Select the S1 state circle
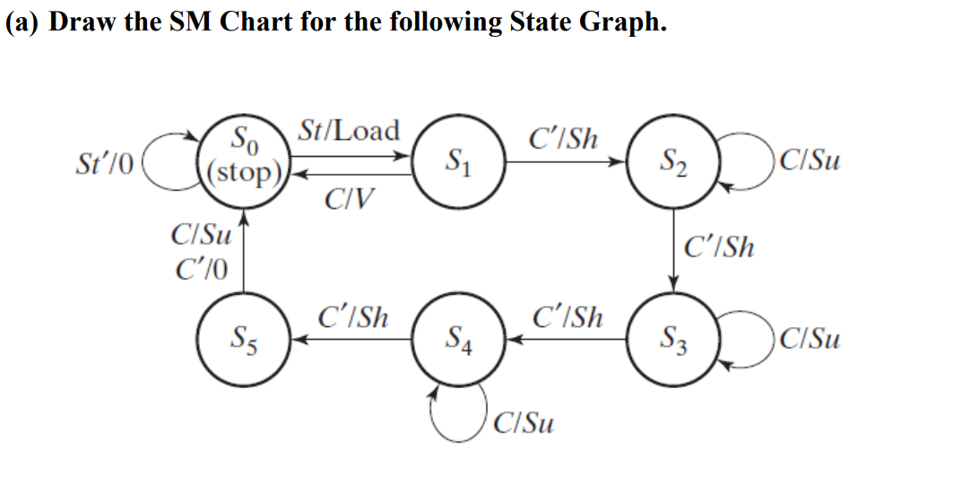click(459, 162)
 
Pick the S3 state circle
click(674, 338)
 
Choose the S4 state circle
click(459, 338)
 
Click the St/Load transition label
click(350, 131)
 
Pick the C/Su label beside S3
click(810, 340)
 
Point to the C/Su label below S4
click(524, 421)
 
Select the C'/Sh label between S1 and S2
click(565, 139)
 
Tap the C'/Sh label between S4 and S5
click(354, 317)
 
